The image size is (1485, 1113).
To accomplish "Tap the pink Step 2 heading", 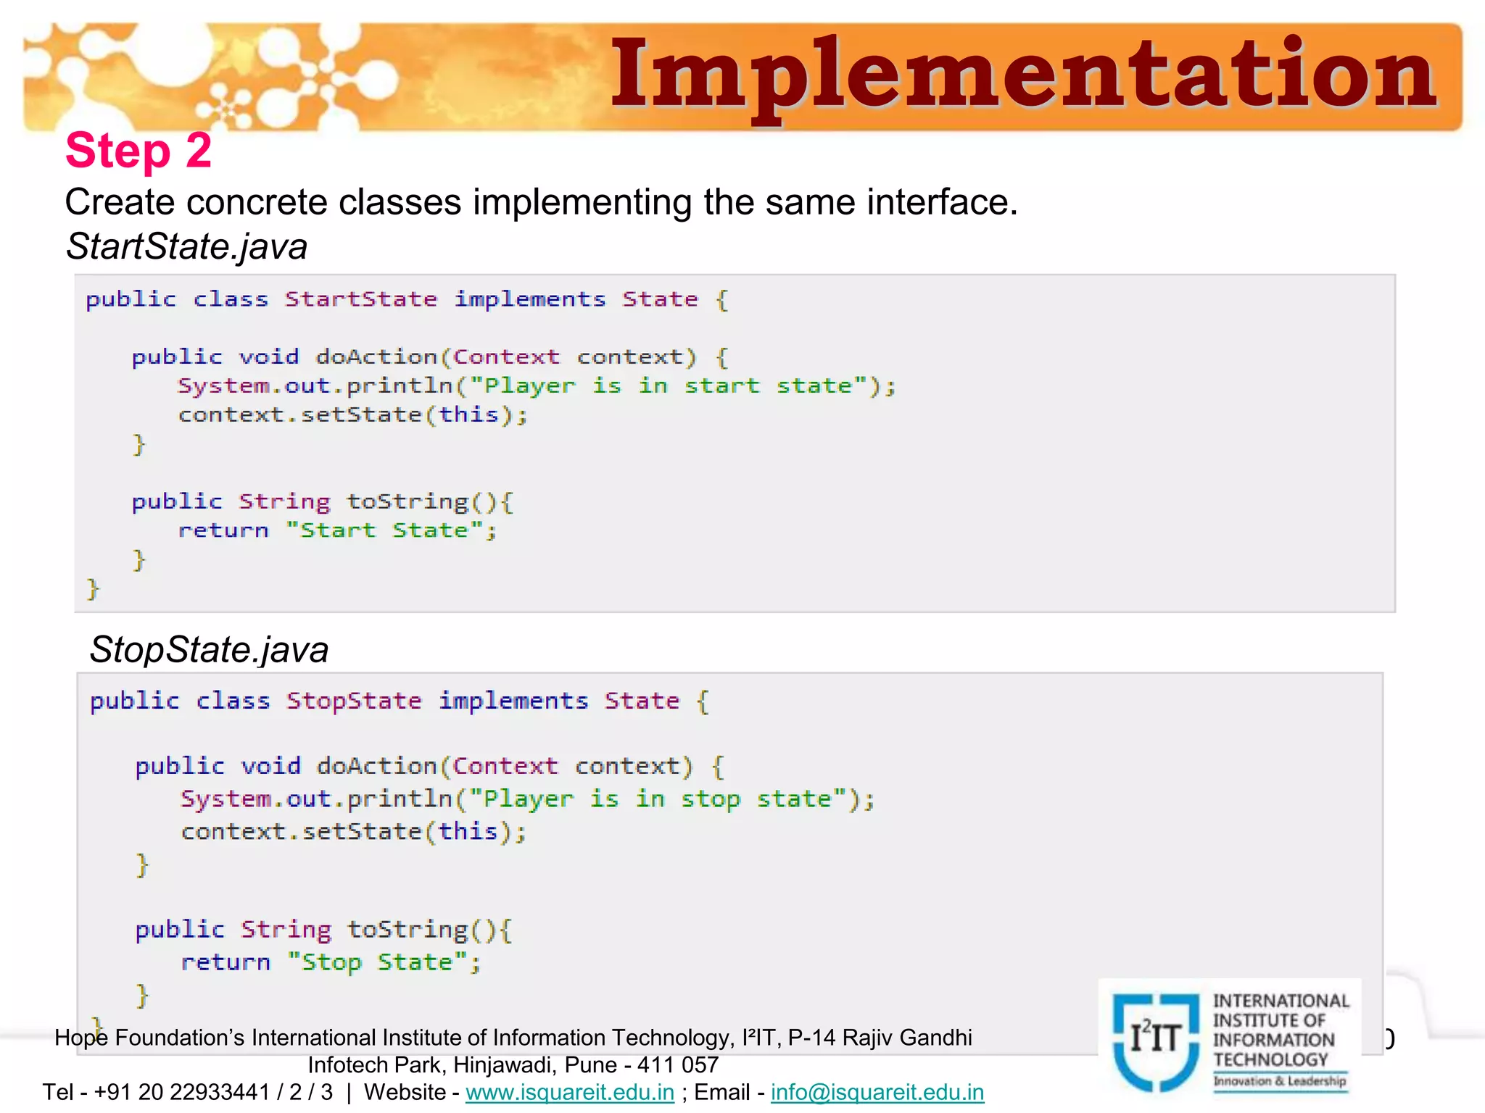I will pyautogui.click(x=138, y=151).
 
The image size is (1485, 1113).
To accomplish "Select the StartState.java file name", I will pyautogui.click(x=186, y=246).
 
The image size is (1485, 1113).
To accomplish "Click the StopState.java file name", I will pyautogui.click(x=209, y=649).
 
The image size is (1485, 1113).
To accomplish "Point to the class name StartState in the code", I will pyautogui.click(x=360, y=299).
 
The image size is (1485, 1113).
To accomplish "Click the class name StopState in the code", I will pyautogui.click(x=353, y=701).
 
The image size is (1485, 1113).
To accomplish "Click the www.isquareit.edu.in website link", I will pyautogui.click(x=570, y=1092).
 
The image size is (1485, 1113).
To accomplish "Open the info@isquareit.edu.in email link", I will pyautogui.click(x=877, y=1092).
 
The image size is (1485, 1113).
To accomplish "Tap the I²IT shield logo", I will pyautogui.click(x=1156, y=1041).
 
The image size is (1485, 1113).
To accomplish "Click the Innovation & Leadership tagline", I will pyautogui.click(x=1280, y=1081).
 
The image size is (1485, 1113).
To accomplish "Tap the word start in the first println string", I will pyautogui.click(x=721, y=386).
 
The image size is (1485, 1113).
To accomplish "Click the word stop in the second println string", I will pyautogui.click(x=710, y=799).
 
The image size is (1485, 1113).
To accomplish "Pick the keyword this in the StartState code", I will pyautogui.click(x=469, y=415).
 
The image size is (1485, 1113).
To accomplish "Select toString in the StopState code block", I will pyautogui.click(x=408, y=930).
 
